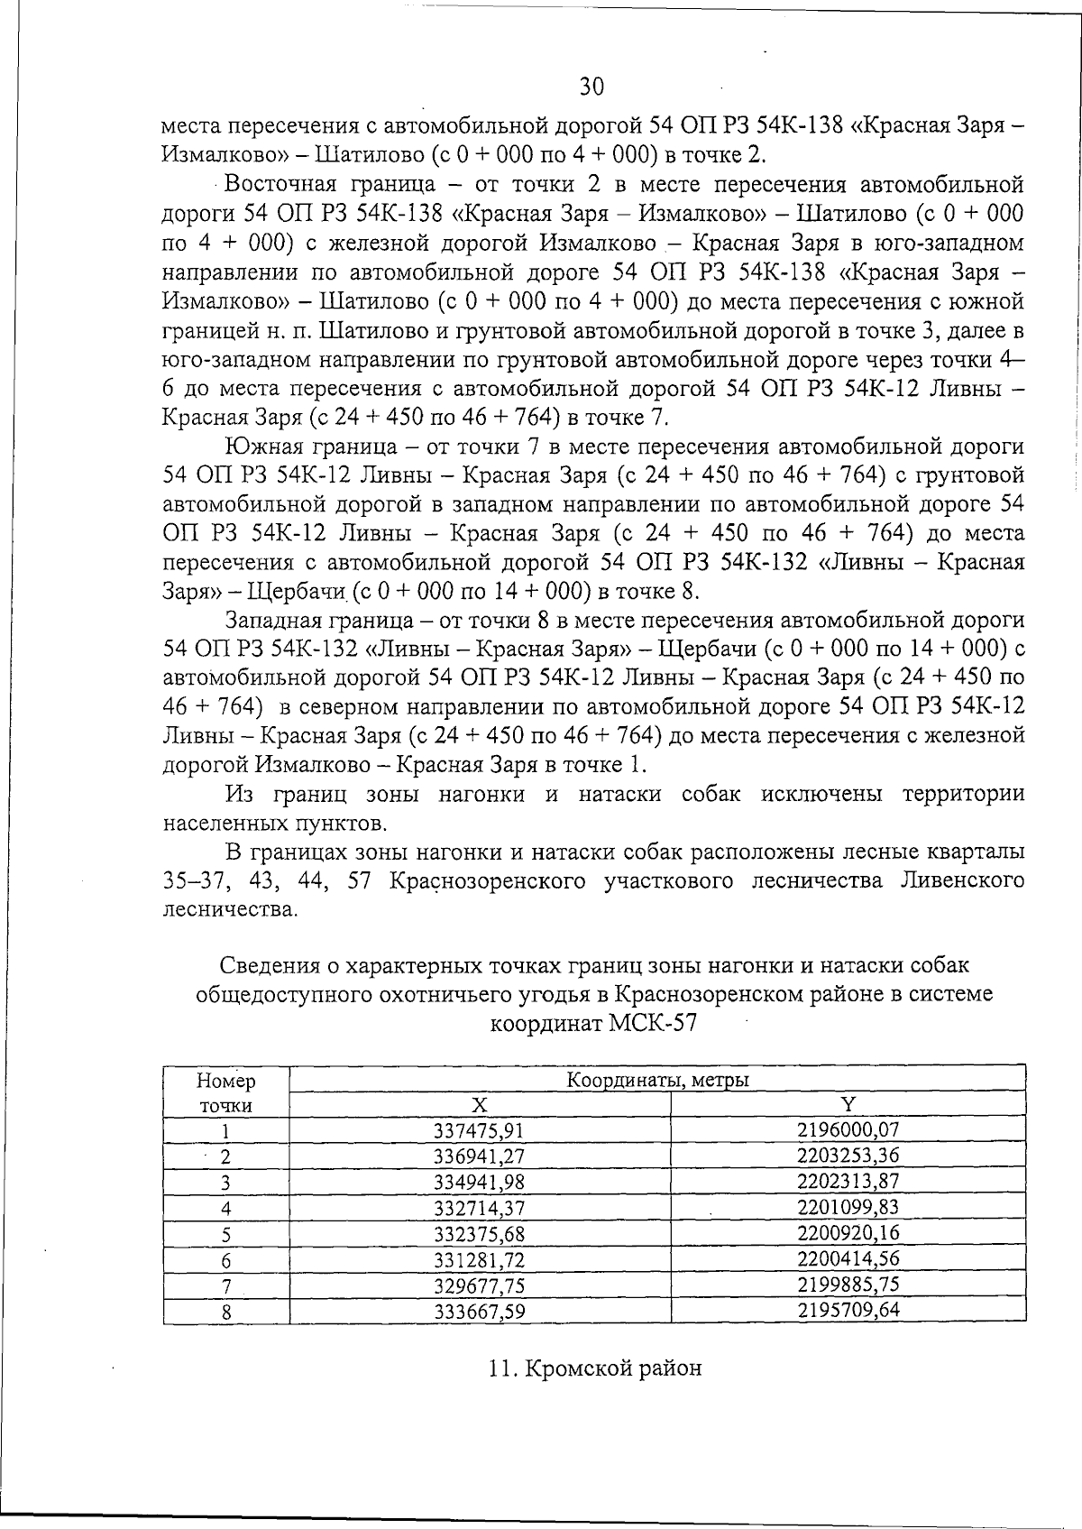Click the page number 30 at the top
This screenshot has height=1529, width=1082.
click(591, 87)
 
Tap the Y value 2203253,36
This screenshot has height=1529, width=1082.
click(848, 1156)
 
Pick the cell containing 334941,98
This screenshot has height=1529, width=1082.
click(480, 1182)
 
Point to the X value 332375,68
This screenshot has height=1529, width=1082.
click(480, 1233)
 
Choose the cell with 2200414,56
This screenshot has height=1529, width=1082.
click(848, 1258)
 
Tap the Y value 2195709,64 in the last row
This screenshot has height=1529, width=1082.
click(848, 1310)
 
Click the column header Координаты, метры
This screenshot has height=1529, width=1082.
click(658, 1080)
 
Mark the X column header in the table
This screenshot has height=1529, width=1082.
click(480, 1105)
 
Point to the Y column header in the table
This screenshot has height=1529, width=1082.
click(848, 1104)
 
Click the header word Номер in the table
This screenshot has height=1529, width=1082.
click(226, 1081)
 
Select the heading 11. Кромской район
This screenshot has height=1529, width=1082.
click(595, 1368)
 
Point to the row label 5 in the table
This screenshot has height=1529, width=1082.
click(226, 1234)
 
